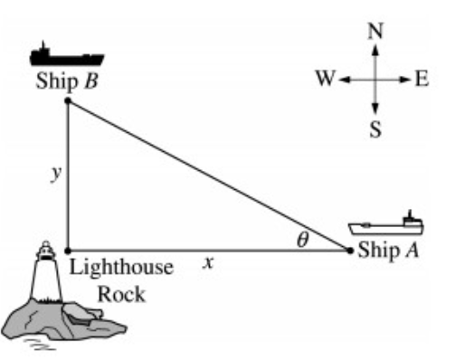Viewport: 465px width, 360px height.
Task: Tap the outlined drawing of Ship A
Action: pyautogui.click(x=386, y=224)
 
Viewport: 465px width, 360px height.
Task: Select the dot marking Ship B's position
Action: pyautogui.click(x=68, y=100)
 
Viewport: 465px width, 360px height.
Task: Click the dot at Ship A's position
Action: pyautogui.click(x=350, y=251)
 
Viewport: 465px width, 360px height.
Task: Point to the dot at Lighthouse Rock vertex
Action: pyautogui.click(x=68, y=251)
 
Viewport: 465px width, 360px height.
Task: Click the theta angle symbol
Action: pyautogui.click(x=303, y=240)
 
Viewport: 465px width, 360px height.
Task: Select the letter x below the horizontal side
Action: pyautogui.click(x=208, y=262)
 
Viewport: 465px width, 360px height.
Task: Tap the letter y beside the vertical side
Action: pyautogui.click(x=56, y=174)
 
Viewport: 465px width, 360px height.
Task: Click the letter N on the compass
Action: pyautogui.click(x=375, y=31)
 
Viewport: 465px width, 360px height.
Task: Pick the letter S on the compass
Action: pyautogui.click(x=375, y=130)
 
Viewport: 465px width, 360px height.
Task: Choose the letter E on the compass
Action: pyautogui.click(x=422, y=79)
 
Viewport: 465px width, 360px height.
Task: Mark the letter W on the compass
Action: pyautogui.click(x=326, y=79)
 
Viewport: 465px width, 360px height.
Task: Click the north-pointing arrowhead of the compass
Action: pyautogui.click(x=375, y=50)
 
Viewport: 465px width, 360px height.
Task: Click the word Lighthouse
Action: pyautogui.click(x=121, y=268)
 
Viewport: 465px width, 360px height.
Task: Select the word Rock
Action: pyautogui.click(x=121, y=294)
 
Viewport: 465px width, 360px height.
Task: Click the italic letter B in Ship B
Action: pyautogui.click(x=91, y=81)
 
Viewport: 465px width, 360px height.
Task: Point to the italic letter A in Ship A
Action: pyautogui.click(x=412, y=250)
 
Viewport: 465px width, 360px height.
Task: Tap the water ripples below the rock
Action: pyautogui.click(x=39, y=344)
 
